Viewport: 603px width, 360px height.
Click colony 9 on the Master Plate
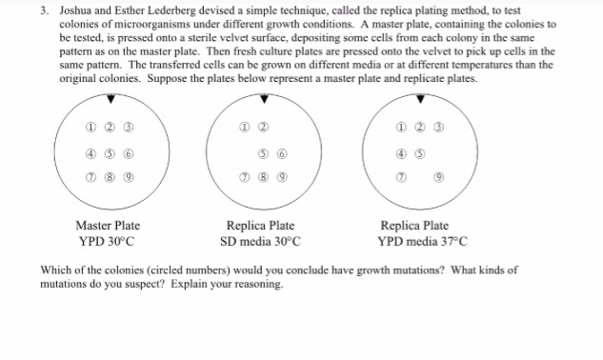[x=139, y=175]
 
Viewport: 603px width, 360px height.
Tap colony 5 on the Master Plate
[x=113, y=154]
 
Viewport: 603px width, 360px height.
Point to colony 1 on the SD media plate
[x=245, y=131]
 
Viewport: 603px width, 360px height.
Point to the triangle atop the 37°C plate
[x=419, y=99]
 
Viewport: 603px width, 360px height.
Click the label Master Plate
[x=108, y=226]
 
